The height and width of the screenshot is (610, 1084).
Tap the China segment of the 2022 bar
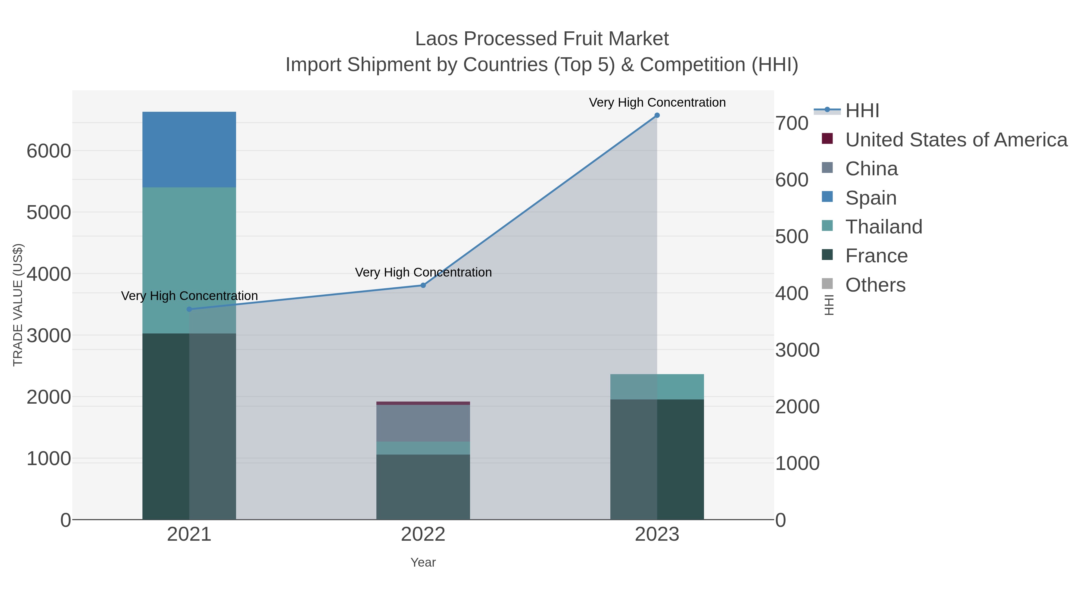[x=423, y=423]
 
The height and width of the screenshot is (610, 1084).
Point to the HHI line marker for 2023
[x=657, y=115]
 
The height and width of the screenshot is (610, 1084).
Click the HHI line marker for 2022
[x=423, y=286]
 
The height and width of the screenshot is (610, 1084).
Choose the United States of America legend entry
[x=955, y=140]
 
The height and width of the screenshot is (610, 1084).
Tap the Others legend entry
[x=874, y=285]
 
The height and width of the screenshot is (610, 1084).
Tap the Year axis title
[x=423, y=562]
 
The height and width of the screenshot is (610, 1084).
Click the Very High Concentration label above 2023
[x=657, y=102]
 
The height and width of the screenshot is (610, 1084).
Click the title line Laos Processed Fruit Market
[x=542, y=39]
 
